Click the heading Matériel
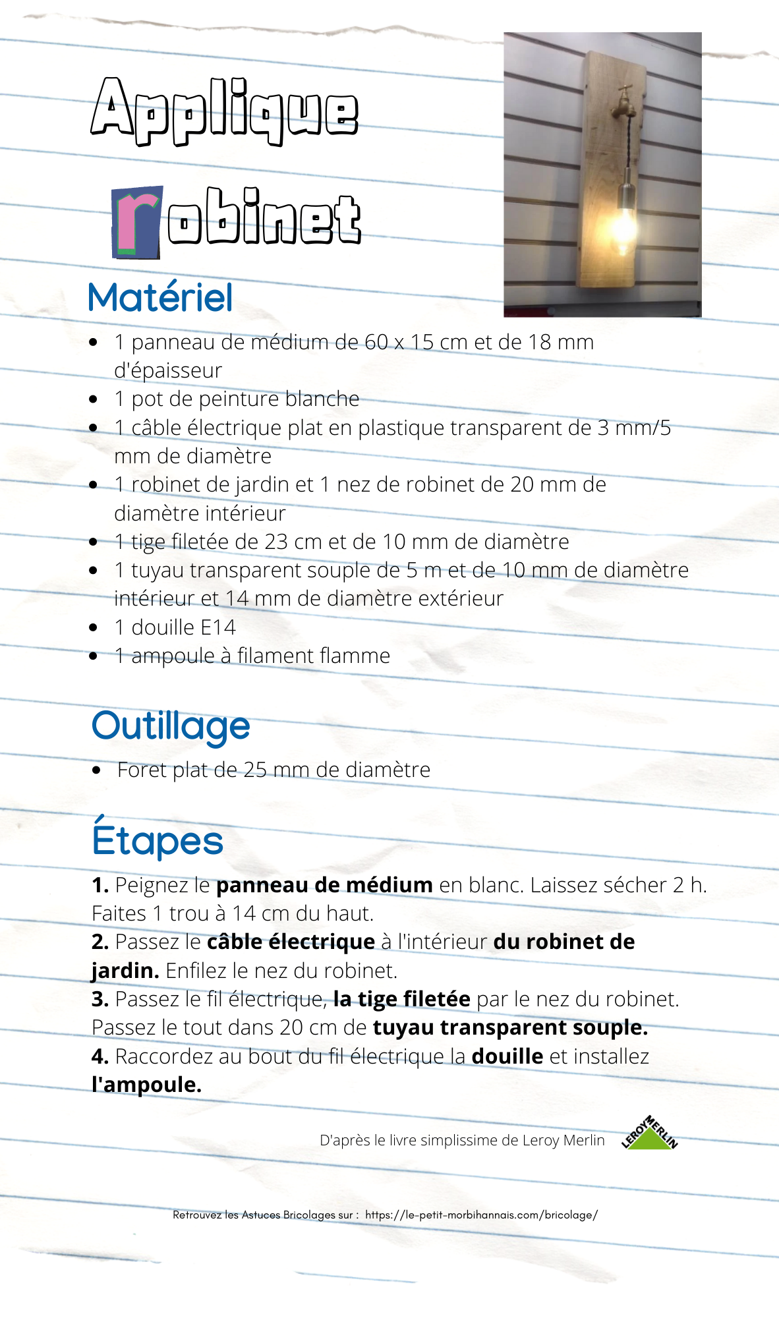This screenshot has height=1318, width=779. point(161,297)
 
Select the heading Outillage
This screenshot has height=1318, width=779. point(171,726)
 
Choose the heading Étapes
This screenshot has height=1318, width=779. point(158,840)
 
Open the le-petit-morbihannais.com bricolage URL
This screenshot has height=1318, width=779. point(481,1215)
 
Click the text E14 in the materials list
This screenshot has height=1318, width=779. point(218,627)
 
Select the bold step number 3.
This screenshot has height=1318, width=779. point(100,999)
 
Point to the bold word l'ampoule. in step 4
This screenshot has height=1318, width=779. point(146,1085)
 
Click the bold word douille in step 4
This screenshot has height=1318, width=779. point(507,1056)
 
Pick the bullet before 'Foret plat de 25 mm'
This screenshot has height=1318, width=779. point(97,770)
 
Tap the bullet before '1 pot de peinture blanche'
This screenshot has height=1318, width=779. point(94,399)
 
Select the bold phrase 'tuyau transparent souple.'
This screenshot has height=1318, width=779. point(510,1027)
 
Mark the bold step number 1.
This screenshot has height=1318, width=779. point(100,885)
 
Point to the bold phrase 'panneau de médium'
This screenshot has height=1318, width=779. point(324,885)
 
